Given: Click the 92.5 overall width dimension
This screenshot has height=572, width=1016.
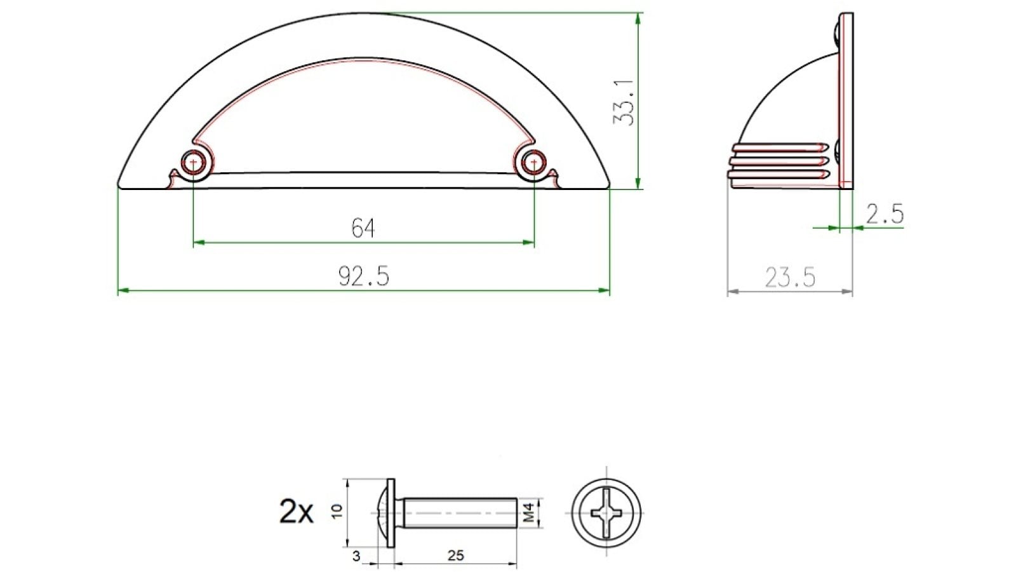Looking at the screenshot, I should click(x=363, y=276).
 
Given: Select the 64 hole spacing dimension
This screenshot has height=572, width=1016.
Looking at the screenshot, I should click(x=363, y=228).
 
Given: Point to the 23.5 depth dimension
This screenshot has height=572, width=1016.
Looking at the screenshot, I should click(x=789, y=278).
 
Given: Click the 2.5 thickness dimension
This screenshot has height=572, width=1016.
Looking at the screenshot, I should click(x=885, y=214).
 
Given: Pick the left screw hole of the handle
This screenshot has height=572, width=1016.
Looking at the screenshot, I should click(x=193, y=163).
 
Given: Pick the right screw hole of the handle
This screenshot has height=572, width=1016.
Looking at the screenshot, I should click(x=533, y=163).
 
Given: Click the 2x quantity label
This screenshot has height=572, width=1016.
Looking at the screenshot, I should click(x=296, y=512).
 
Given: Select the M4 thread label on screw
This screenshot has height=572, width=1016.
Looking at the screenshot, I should click(x=529, y=512).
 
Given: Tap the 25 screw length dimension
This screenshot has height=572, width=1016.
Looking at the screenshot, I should click(x=455, y=556).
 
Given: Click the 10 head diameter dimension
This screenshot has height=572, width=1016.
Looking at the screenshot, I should click(x=337, y=511).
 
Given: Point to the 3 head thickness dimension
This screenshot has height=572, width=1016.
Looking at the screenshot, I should click(x=356, y=557).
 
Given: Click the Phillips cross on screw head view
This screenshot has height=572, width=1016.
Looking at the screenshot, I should click(x=606, y=512).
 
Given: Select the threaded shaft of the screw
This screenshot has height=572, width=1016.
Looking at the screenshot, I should click(x=460, y=512).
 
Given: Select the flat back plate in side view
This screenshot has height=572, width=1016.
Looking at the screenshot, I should click(x=846, y=102).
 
